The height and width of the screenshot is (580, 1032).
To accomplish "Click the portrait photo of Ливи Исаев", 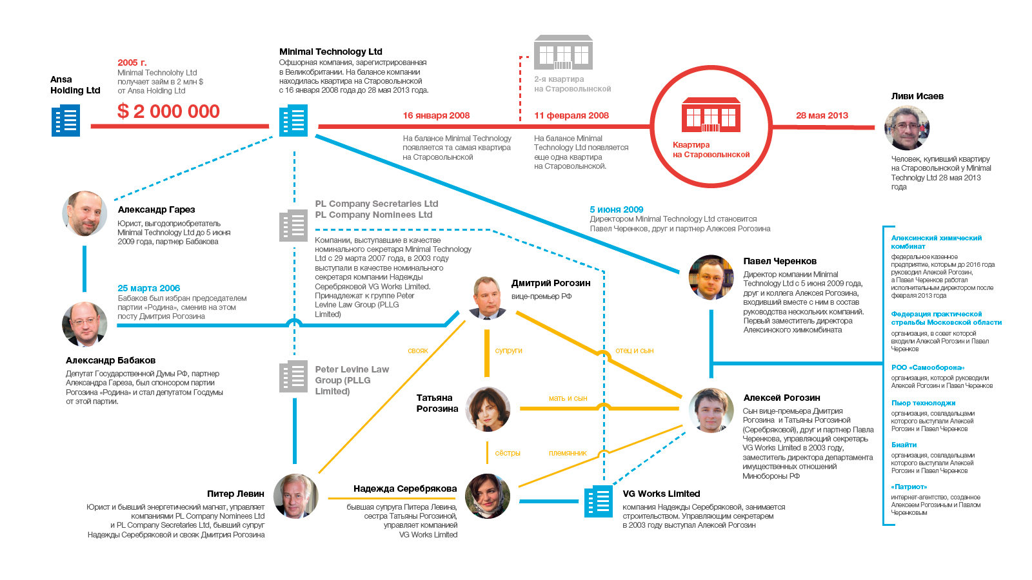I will (x=906, y=128).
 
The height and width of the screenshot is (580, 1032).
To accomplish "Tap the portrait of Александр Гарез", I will (x=84, y=213).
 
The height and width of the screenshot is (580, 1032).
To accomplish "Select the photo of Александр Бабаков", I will (x=84, y=324).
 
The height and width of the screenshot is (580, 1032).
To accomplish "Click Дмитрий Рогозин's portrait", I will (x=488, y=298).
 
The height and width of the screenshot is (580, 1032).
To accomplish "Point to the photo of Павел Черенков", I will (x=711, y=277).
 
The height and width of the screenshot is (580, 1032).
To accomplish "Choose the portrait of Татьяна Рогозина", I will (x=488, y=409).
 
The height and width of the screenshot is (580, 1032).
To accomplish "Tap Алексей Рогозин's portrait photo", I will (x=711, y=410).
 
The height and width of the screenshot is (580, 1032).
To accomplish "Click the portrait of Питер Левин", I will (x=295, y=496).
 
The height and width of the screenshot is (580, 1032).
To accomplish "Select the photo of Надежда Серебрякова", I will (x=488, y=496).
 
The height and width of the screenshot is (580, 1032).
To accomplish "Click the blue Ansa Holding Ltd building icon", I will (x=66, y=121).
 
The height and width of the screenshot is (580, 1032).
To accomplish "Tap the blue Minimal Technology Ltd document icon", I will (x=293, y=121).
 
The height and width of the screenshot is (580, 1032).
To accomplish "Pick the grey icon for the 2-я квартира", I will (x=563, y=52).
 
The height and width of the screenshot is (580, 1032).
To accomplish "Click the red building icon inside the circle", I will (x=711, y=115).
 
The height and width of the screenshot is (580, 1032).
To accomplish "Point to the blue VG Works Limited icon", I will (x=599, y=501).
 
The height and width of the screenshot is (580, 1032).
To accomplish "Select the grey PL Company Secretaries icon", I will (x=293, y=226).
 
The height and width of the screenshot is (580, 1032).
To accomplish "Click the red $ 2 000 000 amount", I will (x=168, y=111).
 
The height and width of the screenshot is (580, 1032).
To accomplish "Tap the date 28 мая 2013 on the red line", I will (x=822, y=115).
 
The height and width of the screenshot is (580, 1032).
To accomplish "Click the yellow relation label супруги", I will (x=508, y=351).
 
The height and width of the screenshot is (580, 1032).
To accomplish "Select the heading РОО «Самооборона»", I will (x=928, y=367).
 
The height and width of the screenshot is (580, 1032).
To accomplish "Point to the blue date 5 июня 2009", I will (x=616, y=209).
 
